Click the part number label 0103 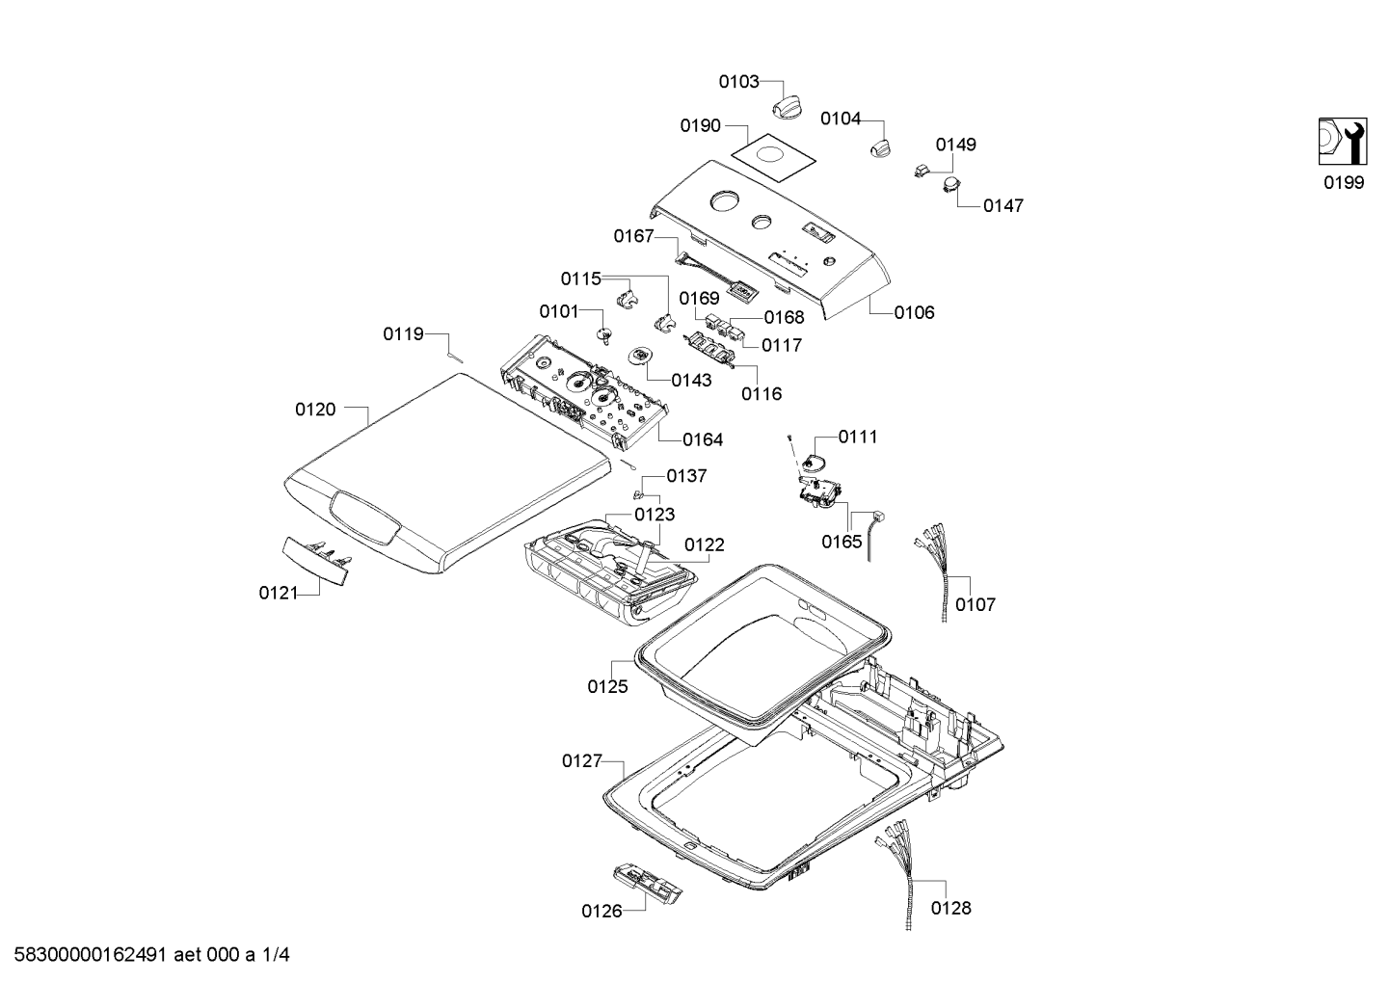(738, 82)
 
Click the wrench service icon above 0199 (1343, 142)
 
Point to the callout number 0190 (700, 126)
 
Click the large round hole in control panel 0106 (725, 201)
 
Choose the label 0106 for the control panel (914, 312)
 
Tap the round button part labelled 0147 (951, 184)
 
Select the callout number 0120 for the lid (315, 410)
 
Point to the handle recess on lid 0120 (365, 518)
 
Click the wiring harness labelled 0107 (934, 571)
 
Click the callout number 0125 (607, 687)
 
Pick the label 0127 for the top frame (582, 761)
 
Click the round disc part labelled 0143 (640, 356)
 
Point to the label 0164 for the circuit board (703, 439)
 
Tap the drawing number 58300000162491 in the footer (91, 954)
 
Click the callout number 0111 (858, 438)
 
